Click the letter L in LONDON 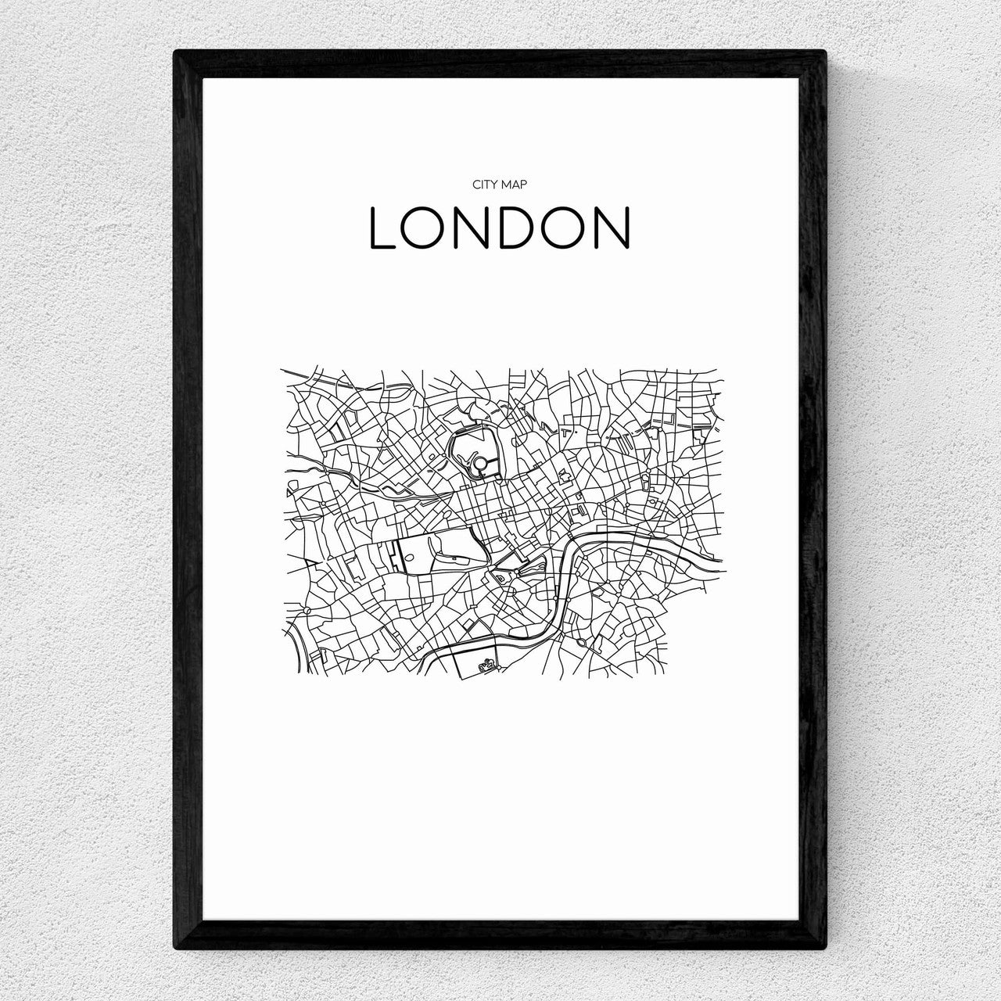coord(384,228)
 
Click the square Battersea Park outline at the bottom coord(475,657)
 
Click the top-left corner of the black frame coord(178,55)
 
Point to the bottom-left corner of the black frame coord(178,948)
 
